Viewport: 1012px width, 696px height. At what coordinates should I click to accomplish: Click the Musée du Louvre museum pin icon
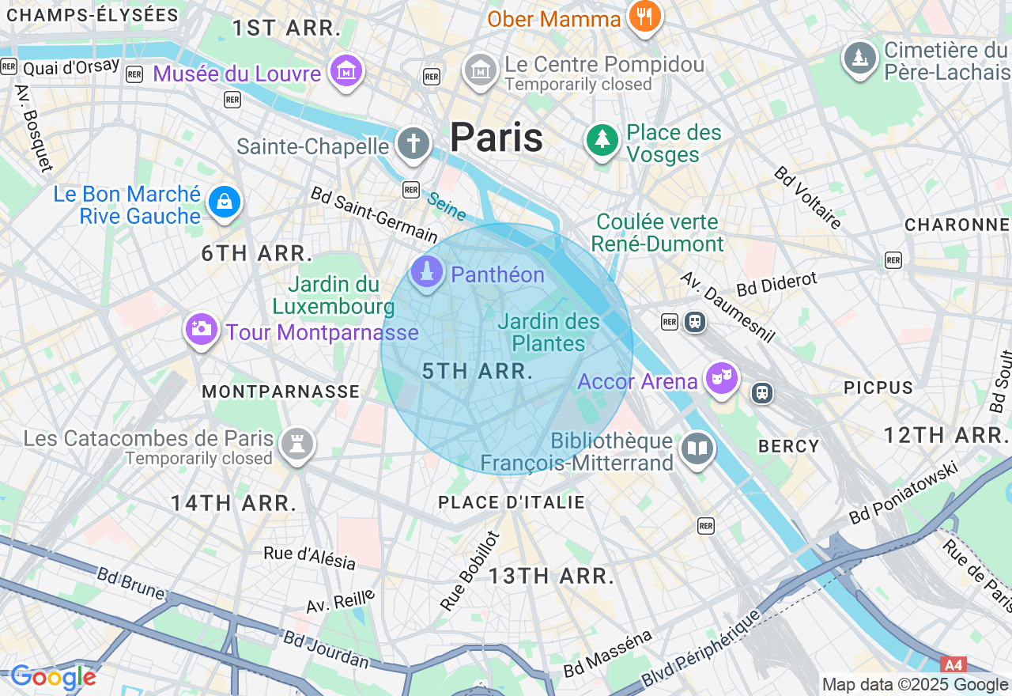click(346, 71)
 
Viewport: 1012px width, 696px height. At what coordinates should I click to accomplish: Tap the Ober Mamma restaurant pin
click(644, 16)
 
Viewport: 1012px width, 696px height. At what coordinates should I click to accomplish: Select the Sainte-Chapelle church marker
click(413, 144)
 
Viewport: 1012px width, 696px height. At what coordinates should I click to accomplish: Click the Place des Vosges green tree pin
click(602, 140)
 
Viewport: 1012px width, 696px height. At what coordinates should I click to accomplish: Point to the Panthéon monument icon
click(427, 273)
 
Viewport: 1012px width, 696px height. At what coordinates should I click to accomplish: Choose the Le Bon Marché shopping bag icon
click(225, 202)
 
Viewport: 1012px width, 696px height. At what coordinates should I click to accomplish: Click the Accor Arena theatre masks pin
click(722, 379)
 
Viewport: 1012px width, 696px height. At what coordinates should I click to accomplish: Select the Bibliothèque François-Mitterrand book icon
click(697, 449)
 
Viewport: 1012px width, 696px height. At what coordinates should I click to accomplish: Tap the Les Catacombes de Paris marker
click(297, 444)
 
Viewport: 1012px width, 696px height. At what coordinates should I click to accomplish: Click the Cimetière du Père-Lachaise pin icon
click(859, 58)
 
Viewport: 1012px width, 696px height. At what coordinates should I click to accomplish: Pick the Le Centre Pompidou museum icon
click(480, 71)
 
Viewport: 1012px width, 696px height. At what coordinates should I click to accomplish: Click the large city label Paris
click(497, 138)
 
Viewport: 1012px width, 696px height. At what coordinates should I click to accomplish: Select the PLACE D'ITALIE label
click(512, 502)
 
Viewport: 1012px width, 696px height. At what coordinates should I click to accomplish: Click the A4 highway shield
click(953, 665)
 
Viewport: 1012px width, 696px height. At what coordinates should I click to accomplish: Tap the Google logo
click(53, 677)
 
